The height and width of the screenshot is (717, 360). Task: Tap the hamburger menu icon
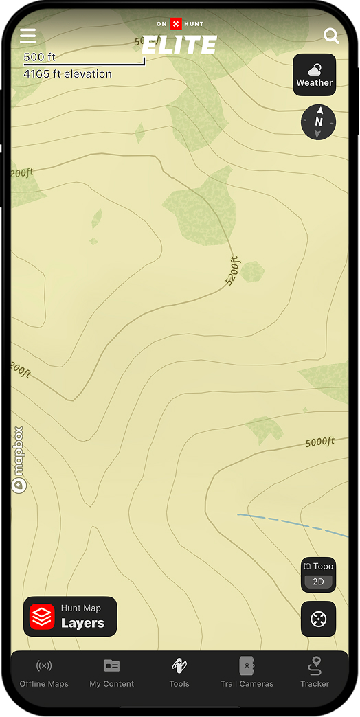coord(27,36)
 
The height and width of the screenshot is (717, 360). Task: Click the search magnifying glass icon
coord(331,36)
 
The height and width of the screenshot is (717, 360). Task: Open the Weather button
coord(315,75)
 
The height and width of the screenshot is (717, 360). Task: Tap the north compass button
coord(318,122)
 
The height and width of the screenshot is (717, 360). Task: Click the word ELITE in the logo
coord(179,45)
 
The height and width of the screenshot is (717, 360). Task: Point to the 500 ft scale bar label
coord(39,57)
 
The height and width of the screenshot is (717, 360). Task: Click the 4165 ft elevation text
coord(67,73)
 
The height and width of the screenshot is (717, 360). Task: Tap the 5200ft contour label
coord(234,271)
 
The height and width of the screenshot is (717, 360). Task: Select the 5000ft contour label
coord(319,442)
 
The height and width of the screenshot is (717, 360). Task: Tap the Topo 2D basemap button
coord(318,574)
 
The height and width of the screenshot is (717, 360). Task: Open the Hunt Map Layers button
coord(70,617)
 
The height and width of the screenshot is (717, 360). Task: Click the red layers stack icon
coord(42,617)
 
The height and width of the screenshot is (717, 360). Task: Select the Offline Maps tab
coord(44,672)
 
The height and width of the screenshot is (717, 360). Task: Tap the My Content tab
coord(112,672)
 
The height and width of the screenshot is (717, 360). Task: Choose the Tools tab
coord(179,672)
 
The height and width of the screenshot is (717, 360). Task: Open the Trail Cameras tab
coord(247,672)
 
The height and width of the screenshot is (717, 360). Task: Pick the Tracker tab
coord(315,672)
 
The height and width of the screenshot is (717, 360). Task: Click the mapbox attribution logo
coord(19,460)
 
